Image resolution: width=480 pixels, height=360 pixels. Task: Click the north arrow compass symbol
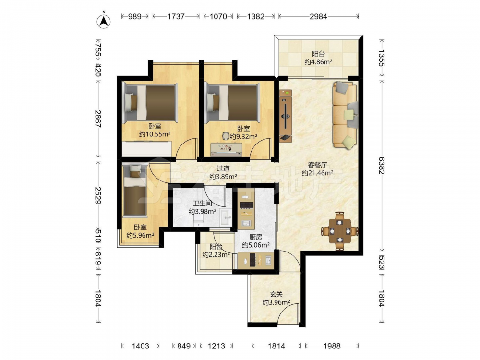click(104, 21)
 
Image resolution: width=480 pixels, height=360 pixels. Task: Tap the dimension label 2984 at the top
click(318, 16)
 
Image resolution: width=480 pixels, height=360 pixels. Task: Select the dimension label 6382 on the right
click(382, 166)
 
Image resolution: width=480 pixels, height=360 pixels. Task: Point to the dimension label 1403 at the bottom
click(141, 346)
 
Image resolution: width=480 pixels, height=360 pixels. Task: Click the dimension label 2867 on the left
click(98, 119)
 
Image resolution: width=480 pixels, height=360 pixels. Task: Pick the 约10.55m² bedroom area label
click(155, 134)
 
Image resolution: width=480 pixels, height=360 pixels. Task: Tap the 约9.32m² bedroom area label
click(243, 136)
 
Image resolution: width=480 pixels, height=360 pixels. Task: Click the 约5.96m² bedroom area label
click(140, 235)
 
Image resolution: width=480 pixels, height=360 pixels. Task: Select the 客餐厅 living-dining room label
click(317, 165)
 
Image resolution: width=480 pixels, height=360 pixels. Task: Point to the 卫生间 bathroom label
click(203, 203)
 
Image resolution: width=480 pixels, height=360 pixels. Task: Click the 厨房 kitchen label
click(256, 237)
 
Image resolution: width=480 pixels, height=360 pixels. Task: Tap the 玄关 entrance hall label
click(276, 294)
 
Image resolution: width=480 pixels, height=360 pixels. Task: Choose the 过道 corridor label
click(223, 168)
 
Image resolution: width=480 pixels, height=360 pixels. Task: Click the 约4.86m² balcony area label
click(318, 62)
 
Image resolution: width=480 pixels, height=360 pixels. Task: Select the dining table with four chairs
click(340, 230)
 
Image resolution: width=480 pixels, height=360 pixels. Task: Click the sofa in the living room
click(345, 115)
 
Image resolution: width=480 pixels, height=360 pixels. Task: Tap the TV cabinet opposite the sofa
click(285, 116)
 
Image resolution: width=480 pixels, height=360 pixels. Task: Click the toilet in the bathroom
click(199, 222)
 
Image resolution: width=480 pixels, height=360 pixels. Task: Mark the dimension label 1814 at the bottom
click(276, 346)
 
